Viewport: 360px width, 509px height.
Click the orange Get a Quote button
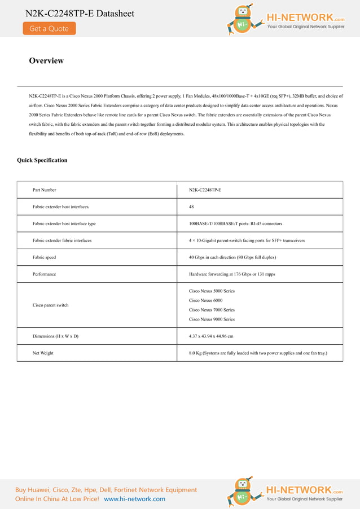[49, 29]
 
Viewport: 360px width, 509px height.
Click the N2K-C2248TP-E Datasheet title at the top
[80, 13]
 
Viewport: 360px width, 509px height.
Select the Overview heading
[46, 61]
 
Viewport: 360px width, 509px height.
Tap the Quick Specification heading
[42, 160]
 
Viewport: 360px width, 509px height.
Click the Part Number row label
[45, 190]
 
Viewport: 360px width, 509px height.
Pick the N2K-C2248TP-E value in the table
[205, 190]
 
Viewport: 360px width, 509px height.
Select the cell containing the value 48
[191, 207]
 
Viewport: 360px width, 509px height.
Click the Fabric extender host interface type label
[64, 223]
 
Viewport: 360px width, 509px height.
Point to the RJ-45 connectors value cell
[235, 223]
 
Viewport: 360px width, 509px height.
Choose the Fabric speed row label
[44, 257]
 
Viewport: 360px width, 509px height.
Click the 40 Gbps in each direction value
[232, 257]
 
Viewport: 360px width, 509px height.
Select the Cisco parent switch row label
[51, 305]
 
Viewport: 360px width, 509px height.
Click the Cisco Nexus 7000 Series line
[212, 310]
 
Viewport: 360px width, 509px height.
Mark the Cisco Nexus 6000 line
[205, 300]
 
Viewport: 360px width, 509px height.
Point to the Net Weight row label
[43, 353]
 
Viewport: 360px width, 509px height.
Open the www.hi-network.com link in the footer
[135, 499]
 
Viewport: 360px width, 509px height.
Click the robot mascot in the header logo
[243, 20]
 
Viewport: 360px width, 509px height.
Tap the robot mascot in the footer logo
[243, 492]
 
